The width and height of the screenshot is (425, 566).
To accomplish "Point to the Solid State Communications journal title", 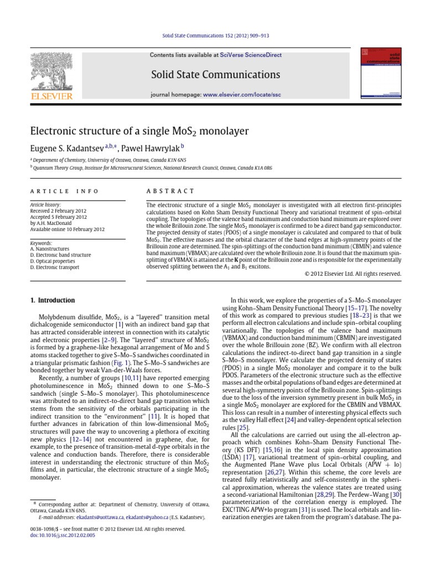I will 216,75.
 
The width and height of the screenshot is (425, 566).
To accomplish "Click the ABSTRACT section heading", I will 165,191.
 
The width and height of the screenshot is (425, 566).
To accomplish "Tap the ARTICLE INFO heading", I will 64,191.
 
